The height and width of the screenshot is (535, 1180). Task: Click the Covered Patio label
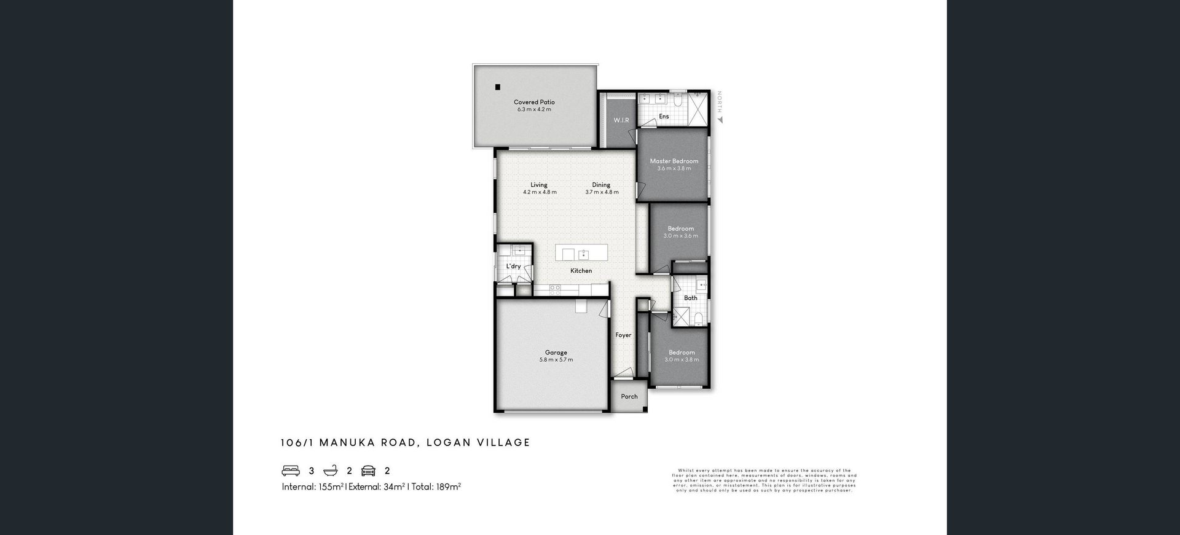point(534,103)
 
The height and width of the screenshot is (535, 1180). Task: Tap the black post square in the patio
point(497,87)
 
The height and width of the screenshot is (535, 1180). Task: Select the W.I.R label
point(621,120)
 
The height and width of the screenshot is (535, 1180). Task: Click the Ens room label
point(664,117)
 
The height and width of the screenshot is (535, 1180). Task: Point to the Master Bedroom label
point(674,161)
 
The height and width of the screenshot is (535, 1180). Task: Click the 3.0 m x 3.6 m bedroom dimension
point(680,236)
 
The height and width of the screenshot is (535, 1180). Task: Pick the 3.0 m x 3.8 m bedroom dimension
point(681,360)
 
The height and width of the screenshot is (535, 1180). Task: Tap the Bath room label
point(691,298)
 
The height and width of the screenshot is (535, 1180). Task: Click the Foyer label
point(623,335)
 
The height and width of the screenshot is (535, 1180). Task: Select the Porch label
point(629,397)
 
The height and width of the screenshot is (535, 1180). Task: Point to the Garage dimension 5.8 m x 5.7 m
point(556,360)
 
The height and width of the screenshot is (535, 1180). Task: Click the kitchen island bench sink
point(583,255)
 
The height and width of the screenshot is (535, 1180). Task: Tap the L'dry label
point(513,267)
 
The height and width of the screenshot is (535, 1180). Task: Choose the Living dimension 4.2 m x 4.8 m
point(540,192)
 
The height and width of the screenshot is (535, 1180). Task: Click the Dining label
point(601,185)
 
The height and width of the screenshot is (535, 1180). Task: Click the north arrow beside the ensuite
point(720,119)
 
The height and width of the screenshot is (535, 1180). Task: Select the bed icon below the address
point(291,471)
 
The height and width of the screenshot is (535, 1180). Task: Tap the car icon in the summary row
point(368,471)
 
